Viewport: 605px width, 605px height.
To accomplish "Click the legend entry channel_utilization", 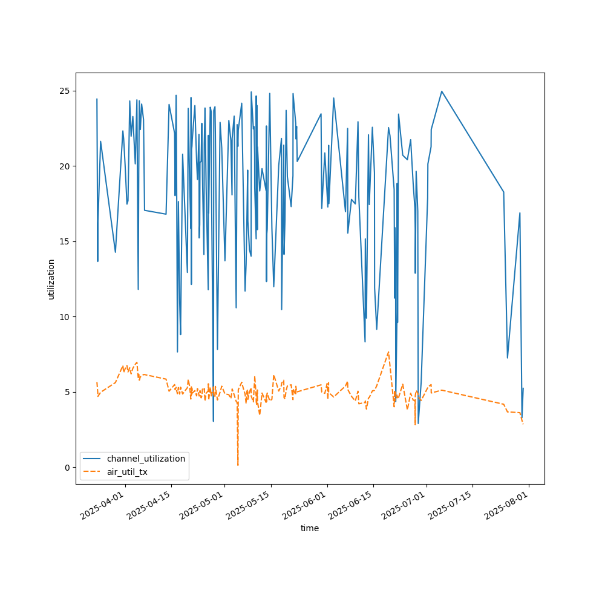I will click(x=146, y=459).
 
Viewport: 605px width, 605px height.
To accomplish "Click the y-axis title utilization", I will click(x=51, y=279).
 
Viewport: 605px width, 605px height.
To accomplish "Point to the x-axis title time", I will click(x=310, y=528).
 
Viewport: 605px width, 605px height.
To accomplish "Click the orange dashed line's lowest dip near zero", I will click(x=238, y=465).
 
